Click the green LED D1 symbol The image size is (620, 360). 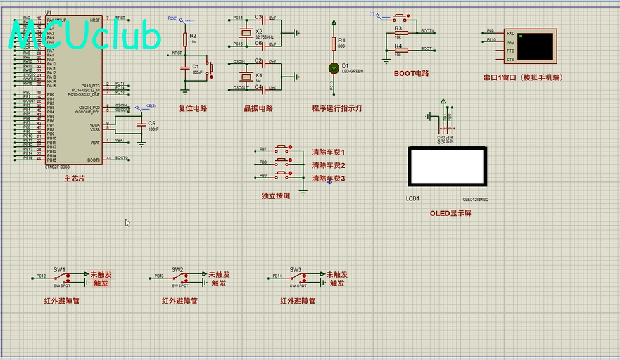[334, 67]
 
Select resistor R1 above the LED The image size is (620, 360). [334, 43]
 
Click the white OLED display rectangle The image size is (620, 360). [448, 167]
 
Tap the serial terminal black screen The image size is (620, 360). [535, 46]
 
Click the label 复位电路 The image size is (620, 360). [193, 108]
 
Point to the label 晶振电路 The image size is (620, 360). [258, 108]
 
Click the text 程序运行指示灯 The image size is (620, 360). [337, 108]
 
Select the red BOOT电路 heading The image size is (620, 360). [411, 74]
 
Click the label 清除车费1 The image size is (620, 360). [328, 153]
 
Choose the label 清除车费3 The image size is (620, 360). [328, 178]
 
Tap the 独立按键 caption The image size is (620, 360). [275, 196]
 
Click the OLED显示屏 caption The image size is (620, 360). [450, 214]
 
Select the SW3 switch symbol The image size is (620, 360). [296, 277]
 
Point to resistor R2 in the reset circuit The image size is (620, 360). [185, 39]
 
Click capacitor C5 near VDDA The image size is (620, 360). [141, 125]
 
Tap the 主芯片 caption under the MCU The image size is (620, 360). [74, 179]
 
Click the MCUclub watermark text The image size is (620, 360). [85, 36]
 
